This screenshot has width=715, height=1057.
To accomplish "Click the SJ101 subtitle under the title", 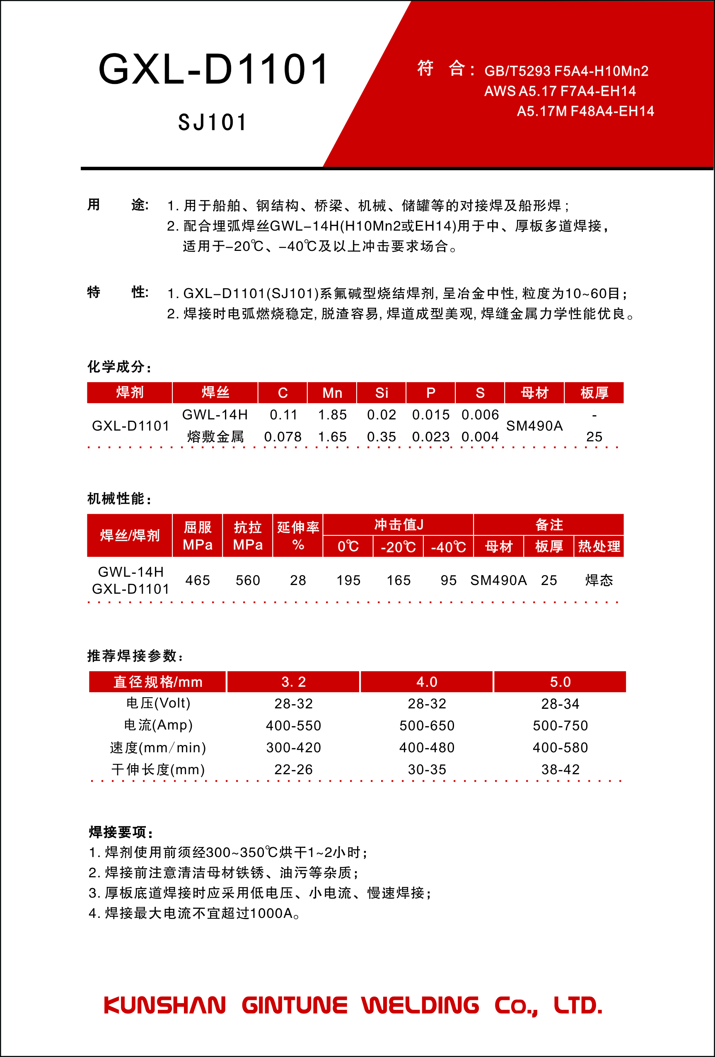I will [213, 123].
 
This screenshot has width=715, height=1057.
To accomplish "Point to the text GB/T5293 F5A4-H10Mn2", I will [566, 71].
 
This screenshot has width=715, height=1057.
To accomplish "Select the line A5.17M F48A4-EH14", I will [585, 111].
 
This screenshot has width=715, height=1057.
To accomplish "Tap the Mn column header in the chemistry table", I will [332, 393].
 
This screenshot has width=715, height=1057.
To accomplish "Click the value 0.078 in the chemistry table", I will [283, 437].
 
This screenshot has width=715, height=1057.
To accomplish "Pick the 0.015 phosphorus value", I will [430, 415].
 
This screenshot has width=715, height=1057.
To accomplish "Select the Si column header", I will [382, 393].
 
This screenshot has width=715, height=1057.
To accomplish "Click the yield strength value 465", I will [198, 580].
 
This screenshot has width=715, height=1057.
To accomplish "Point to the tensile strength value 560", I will [248, 580].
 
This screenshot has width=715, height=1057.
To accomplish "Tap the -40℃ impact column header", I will [448, 547].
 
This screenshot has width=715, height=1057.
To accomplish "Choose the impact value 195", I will [348, 580].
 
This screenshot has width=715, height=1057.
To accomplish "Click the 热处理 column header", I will [599, 547].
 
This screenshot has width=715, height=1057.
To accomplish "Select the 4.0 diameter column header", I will [426, 682].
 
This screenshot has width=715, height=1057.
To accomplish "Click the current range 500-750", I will [560, 725].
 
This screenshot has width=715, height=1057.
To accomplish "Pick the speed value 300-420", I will [294, 747].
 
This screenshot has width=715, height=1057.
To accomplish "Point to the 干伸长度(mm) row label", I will [158, 769].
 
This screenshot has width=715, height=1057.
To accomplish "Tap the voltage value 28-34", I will [560, 703].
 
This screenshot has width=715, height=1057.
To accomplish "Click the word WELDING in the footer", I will [420, 1005].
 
